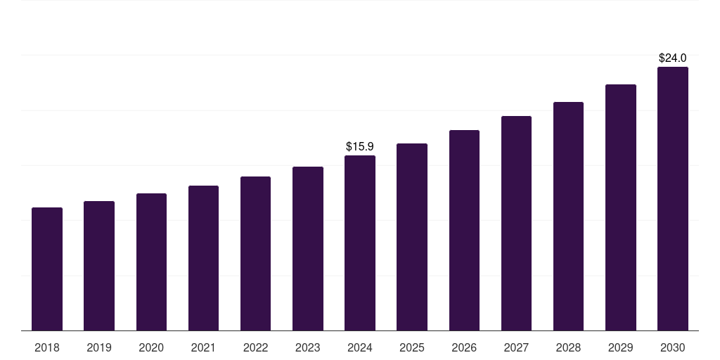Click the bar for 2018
pyautogui.click(x=47, y=269)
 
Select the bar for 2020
pyautogui.click(x=151, y=262)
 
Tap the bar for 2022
pyautogui.click(x=255, y=253)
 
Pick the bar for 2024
pyautogui.click(x=360, y=243)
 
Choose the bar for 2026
pyautogui.click(x=464, y=230)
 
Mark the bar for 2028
pyautogui.click(x=568, y=216)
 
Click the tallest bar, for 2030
pyautogui.click(x=673, y=198)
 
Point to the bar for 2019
pyautogui.click(x=99, y=266)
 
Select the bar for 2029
pyautogui.click(x=621, y=207)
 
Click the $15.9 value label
pyautogui.click(x=360, y=147)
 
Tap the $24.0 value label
pyautogui.click(x=673, y=58)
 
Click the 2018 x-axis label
pyautogui.click(x=47, y=348)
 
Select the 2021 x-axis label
pyautogui.click(x=203, y=348)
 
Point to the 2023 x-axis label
pyautogui.click(x=308, y=348)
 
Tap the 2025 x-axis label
pyautogui.click(x=412, y=348)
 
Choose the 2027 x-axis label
pyautogui.click(x=516, y=348)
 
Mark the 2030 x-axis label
pyautogui.click(x=673, y=348)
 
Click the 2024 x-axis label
pyautogui.click(x=360, y=348)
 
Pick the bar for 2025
pyautogui.click(x=412, y=237)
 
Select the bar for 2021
pyautogui.click(x=203, y=258)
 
